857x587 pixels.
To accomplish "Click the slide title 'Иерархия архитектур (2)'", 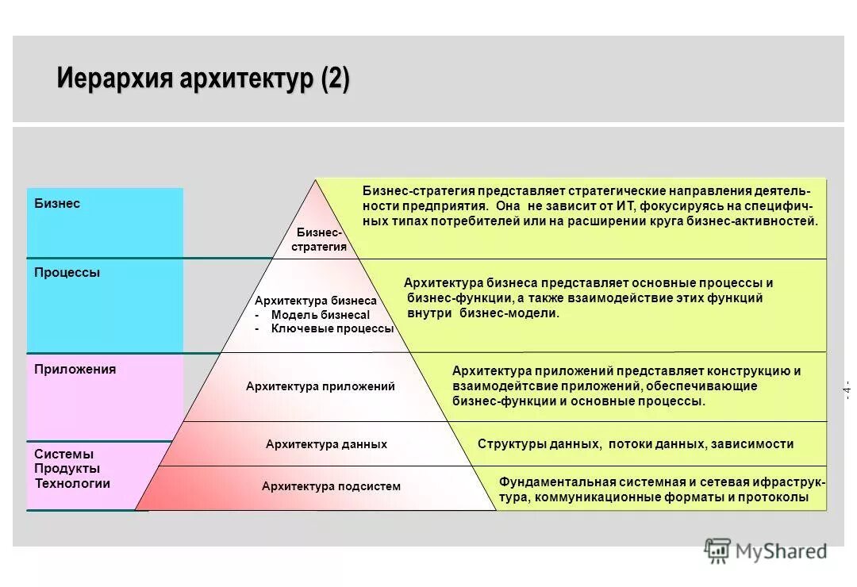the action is coord(203,81).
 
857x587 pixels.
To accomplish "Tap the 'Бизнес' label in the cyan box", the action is coord(57,204).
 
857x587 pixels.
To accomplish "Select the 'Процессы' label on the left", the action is coord(67,273).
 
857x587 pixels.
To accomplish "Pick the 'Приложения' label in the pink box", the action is coord(75,370).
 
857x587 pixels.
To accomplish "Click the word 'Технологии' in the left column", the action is coord(72,484).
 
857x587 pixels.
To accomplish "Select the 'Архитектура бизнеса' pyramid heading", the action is coord(315,301).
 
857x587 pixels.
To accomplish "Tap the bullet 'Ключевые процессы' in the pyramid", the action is coord(332,328).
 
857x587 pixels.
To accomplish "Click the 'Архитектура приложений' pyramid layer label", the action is coord(320,386).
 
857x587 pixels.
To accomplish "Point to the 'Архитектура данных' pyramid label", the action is coord(326,444).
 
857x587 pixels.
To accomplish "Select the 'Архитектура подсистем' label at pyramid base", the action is coord(331,486).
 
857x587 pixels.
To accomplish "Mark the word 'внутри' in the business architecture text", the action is coord(429,313).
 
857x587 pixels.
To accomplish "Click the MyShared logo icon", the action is coord(717,551).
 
